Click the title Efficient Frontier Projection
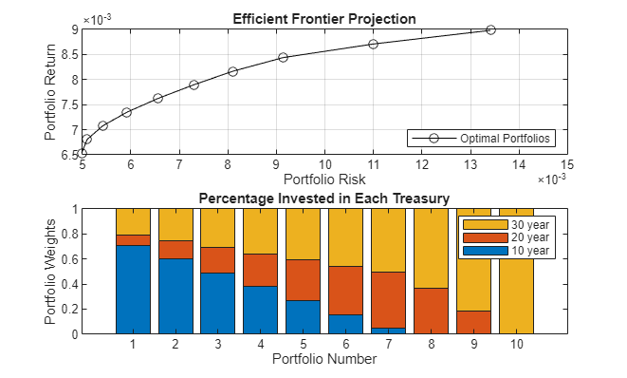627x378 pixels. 325,20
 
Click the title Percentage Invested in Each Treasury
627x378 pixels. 325,198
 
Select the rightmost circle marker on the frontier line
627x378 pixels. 490,29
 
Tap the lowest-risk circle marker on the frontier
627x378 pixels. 83,153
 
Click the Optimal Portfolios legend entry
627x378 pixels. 507,139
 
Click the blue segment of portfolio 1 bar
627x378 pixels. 133,290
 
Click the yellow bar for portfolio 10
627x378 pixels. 514,271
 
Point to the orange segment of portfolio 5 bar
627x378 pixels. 303,280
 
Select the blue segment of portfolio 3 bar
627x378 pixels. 218,303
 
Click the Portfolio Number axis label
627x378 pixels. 324,360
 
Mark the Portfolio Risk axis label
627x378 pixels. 324,179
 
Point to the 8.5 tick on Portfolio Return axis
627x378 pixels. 66,55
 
